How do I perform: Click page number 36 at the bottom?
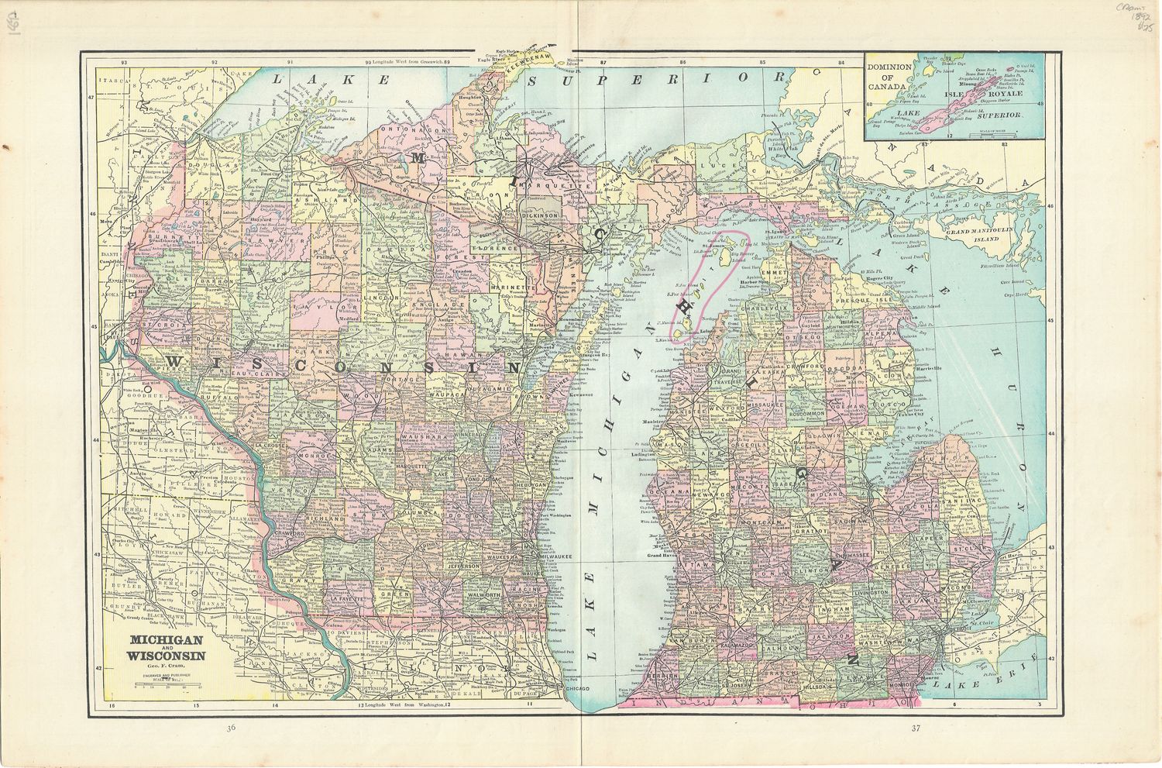click(x=231, y=728)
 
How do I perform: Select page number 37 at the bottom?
click(x=916, y=728)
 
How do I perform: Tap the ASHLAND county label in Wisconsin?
click(x=318, y=199)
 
